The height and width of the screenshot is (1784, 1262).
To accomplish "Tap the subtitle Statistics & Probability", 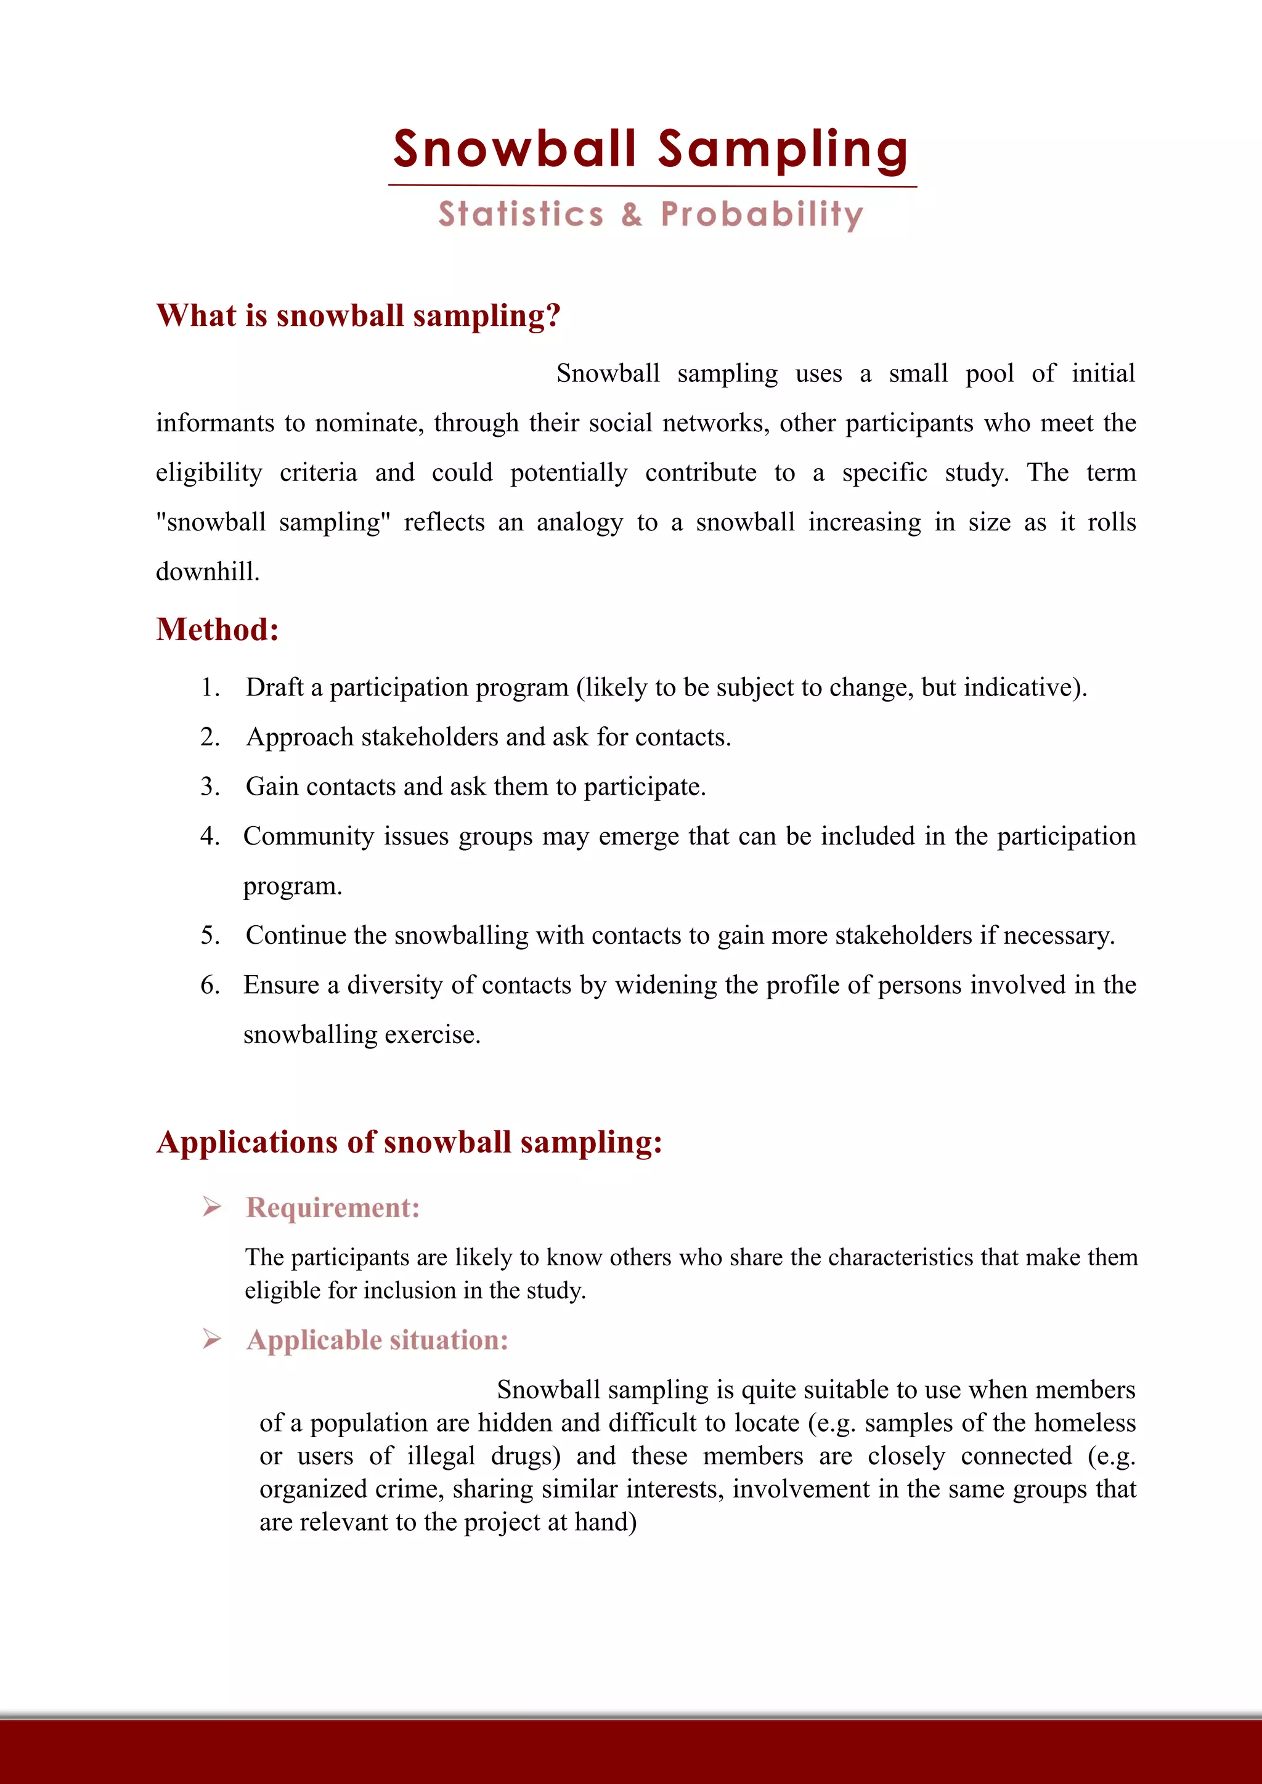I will click(651, 214).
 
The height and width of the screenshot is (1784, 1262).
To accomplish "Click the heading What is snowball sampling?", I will click(358, 315).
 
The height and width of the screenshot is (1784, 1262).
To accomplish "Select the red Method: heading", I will click(218, 630).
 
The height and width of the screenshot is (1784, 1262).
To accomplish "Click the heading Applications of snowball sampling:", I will click(409, 1142).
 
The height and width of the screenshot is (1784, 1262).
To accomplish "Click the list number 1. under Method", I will click(211, 687).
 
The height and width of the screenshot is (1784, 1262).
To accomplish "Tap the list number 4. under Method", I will click(211, 836).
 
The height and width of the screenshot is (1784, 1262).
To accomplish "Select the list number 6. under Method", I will click(211, 985).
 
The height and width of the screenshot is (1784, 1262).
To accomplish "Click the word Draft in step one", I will click(274, 687).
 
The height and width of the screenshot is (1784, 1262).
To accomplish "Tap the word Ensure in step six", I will click(280, 985).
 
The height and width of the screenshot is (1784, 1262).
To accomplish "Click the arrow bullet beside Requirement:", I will click(211, 1207).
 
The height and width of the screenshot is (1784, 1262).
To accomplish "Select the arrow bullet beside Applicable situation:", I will click(211, 1339).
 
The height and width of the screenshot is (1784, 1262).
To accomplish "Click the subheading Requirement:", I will click(333, 1207).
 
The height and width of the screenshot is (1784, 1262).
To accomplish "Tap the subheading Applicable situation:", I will click(377, 1340).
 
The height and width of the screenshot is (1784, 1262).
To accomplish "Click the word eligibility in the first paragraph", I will click(209, 473).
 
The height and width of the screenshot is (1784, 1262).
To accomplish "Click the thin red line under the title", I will click(652, 185).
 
